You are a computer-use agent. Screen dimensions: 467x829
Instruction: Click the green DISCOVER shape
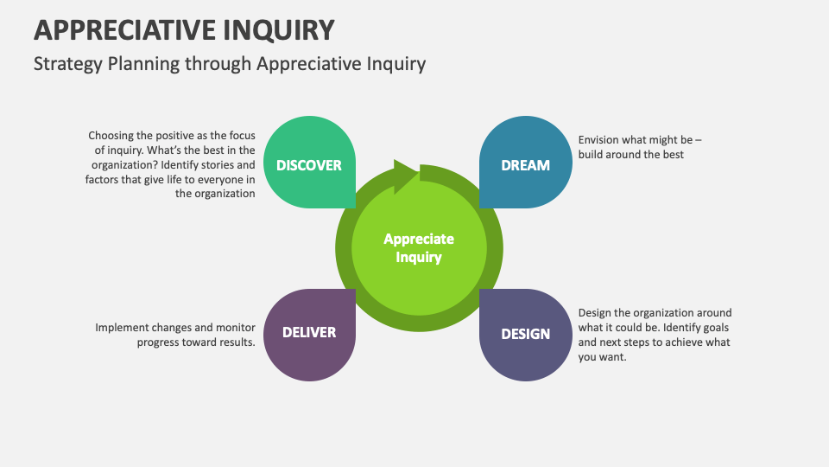pyautogui.click(x=309, y=164)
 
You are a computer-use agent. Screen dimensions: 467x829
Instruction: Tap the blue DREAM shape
pyautogui.click(x=525, y=164)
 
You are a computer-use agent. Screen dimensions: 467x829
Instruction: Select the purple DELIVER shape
pyautogui.click(x=309, y=332)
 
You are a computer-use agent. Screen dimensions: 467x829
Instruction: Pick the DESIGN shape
pyautogui.click(x=525, y=333)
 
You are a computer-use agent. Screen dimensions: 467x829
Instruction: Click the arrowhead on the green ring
pyautogui.click(x=406, y=174)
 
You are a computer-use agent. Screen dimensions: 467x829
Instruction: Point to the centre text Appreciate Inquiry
pyautogui.click(x=419, y=248)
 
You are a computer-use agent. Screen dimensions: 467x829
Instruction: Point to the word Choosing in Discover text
pyautogui.click(x=112, y=136)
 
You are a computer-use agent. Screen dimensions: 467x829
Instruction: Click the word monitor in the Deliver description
pyautogui.click(x=233, y=328)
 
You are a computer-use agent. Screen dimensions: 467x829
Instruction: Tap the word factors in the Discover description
pyautogui.click(x=104, y=179)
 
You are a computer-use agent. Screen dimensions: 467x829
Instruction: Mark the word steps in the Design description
pyautogui.click(x=635, y=342)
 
